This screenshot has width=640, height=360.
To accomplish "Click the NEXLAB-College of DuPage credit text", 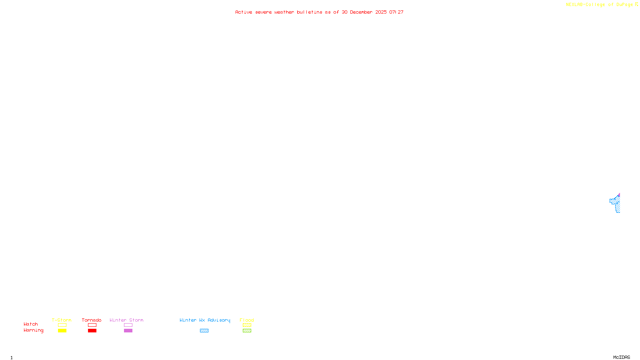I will coord(599,5).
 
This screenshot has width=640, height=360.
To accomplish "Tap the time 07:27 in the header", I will coord(396,12).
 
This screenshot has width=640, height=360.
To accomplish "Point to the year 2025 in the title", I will coord(381,12).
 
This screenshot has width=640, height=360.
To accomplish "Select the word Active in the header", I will coord(244,12).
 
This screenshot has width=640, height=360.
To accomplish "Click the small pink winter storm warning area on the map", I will coord(619,195).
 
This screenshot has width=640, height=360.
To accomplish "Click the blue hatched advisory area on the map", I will coord(616,203).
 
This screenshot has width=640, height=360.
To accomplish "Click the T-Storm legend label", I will coord(62,320).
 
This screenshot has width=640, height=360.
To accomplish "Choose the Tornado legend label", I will coord(92,320).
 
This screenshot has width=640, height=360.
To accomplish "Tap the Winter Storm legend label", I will coord(126,320).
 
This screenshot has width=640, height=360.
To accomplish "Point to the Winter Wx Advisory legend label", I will coord(205,320).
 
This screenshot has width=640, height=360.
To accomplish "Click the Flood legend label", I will coord(247,320).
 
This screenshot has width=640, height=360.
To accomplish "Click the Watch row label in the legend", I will coord(31,324).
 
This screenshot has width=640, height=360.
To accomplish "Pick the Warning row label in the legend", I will coord(33,330).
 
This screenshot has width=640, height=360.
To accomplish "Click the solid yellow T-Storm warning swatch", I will coord(62,331).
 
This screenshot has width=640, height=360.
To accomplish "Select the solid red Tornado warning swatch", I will coord(92,331).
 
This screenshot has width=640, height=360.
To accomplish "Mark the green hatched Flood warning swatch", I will coord(247,331).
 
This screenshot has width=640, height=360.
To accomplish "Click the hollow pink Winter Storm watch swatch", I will coord(128,325).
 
